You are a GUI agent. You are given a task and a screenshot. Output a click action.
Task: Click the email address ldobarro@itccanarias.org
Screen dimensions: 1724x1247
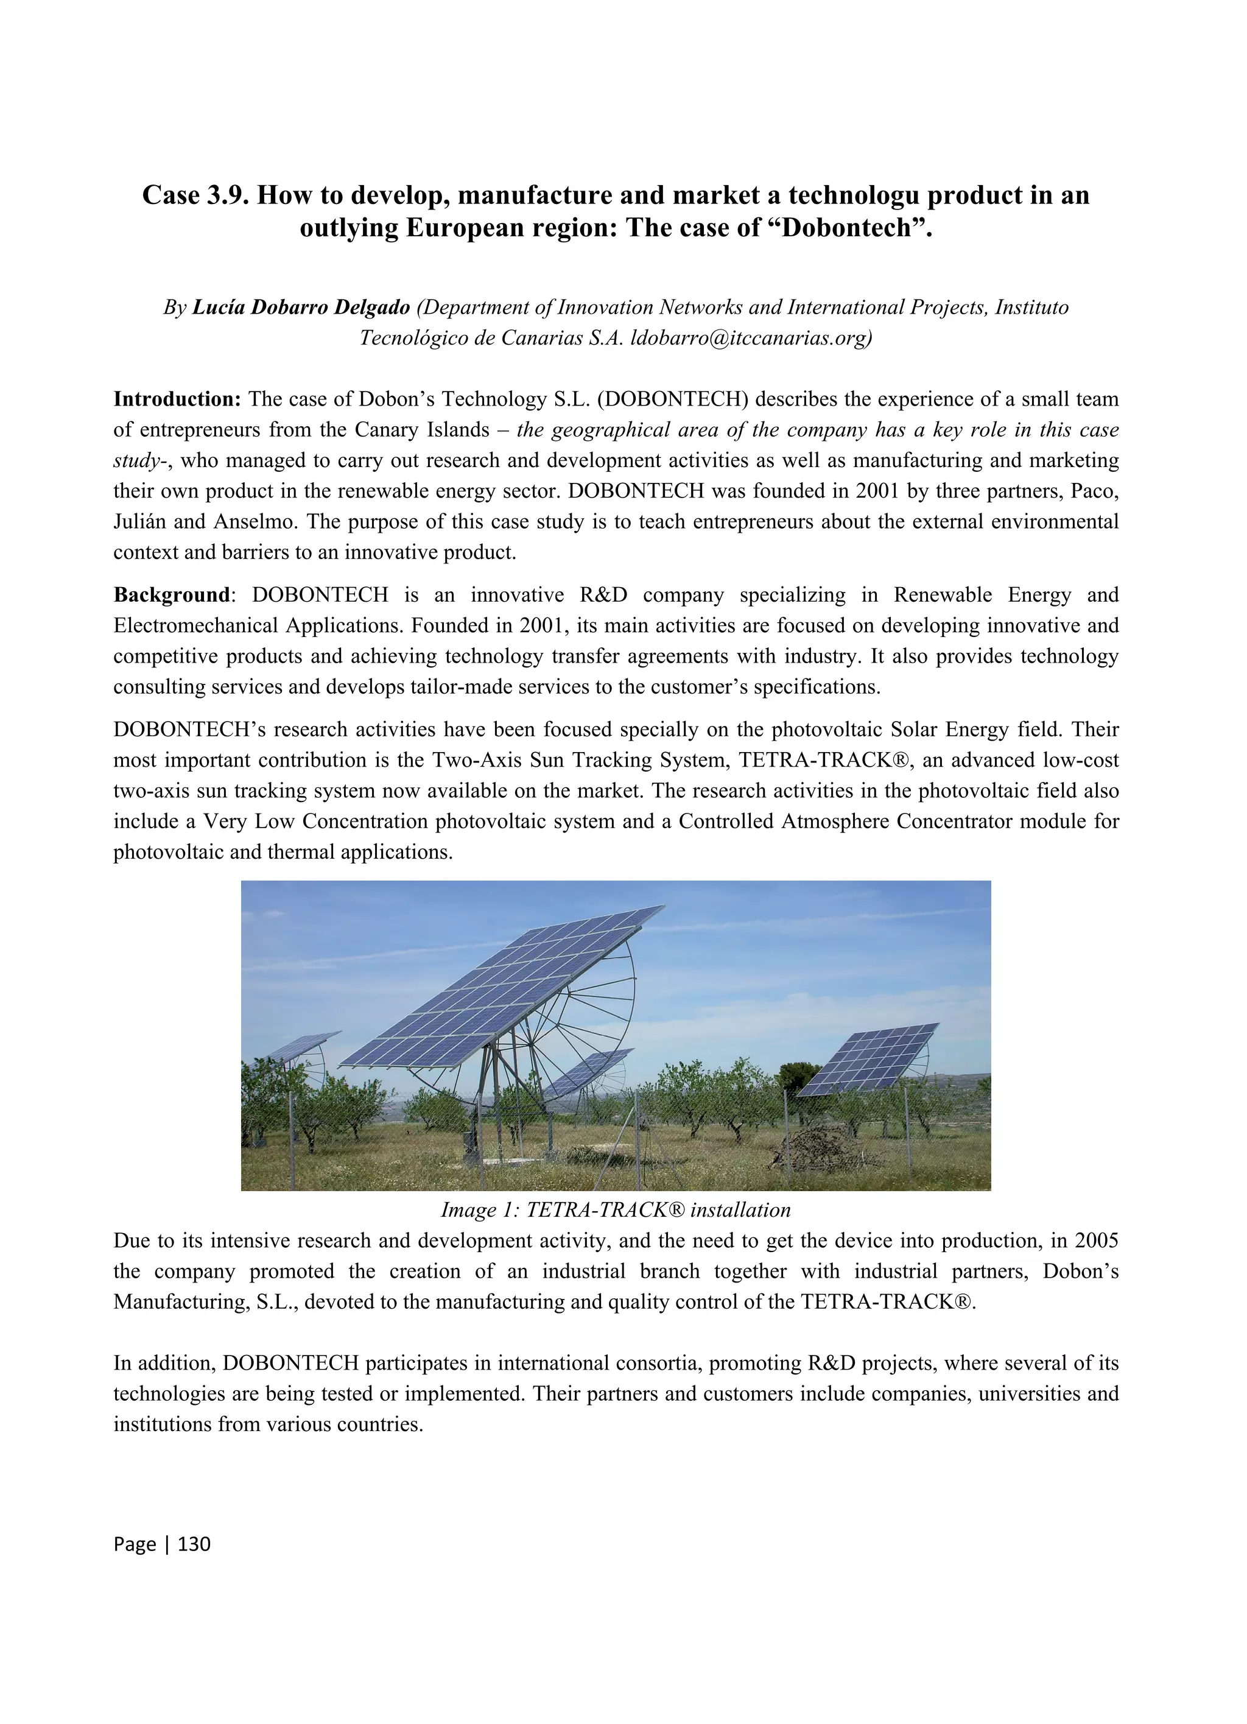pos(751,337)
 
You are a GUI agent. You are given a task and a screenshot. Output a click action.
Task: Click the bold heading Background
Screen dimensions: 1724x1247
pos(171,594)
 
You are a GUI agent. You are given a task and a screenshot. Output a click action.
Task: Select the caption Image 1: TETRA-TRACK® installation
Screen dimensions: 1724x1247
pos(616,1209)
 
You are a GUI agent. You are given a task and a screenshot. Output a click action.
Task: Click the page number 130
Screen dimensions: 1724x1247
pos(194,1544)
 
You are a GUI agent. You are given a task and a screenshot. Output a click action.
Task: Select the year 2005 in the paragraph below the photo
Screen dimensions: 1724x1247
pos(1096,1240)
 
